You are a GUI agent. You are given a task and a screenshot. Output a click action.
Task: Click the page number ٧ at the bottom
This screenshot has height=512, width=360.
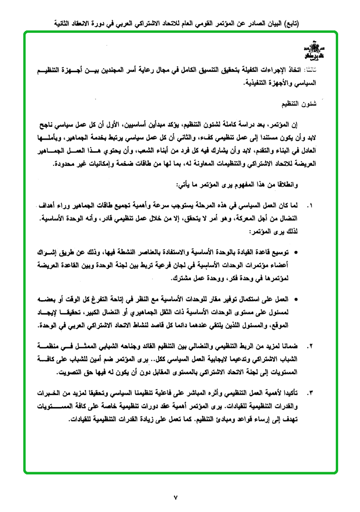(x=176, y=497)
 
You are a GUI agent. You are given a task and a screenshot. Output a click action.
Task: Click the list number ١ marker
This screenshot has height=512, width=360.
(x=310, y=207)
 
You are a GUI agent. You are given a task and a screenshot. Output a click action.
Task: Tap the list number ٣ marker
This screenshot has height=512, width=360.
(x=310, y=394)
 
